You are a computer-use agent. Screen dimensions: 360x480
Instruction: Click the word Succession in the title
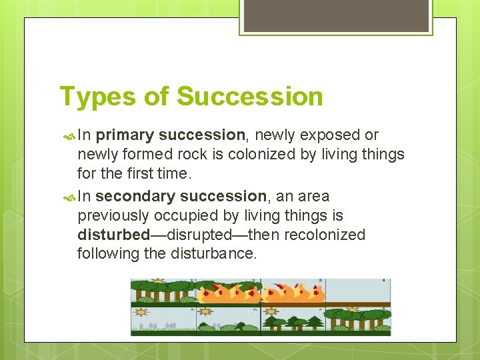click(249, 97)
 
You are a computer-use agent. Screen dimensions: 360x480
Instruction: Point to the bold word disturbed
click(113, 235)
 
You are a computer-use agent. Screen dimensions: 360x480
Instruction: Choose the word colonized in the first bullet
click(265, 155)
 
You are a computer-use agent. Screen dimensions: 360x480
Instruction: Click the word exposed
click(329, 135)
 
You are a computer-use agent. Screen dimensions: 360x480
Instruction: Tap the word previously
click(115, 216)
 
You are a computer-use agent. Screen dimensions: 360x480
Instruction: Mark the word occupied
click(191, 216)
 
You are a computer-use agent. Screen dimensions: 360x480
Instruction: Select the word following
click(107, 254)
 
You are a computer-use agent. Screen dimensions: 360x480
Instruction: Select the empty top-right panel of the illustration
click(358, 292)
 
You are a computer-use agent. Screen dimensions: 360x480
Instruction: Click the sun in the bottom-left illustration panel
click(141, 311)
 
